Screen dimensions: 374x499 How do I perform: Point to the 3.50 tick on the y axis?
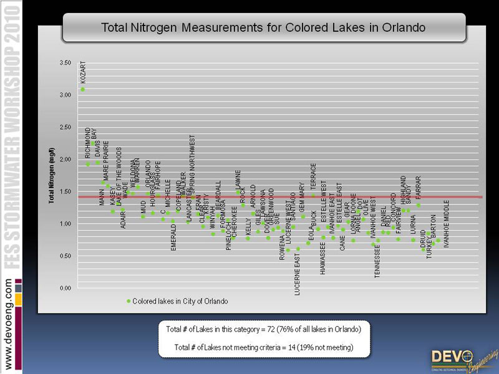coord(64,63)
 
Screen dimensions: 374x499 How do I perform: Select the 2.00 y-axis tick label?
coord(64,160)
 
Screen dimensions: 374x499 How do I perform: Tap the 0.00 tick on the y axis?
coord(64,289)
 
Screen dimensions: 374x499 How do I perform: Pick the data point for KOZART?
coord(82,89)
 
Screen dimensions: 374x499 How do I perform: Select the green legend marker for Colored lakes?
coord(129,301)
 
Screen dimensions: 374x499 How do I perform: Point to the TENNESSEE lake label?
coord(377,257)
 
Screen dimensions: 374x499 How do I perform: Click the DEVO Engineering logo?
coord(461,360)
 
